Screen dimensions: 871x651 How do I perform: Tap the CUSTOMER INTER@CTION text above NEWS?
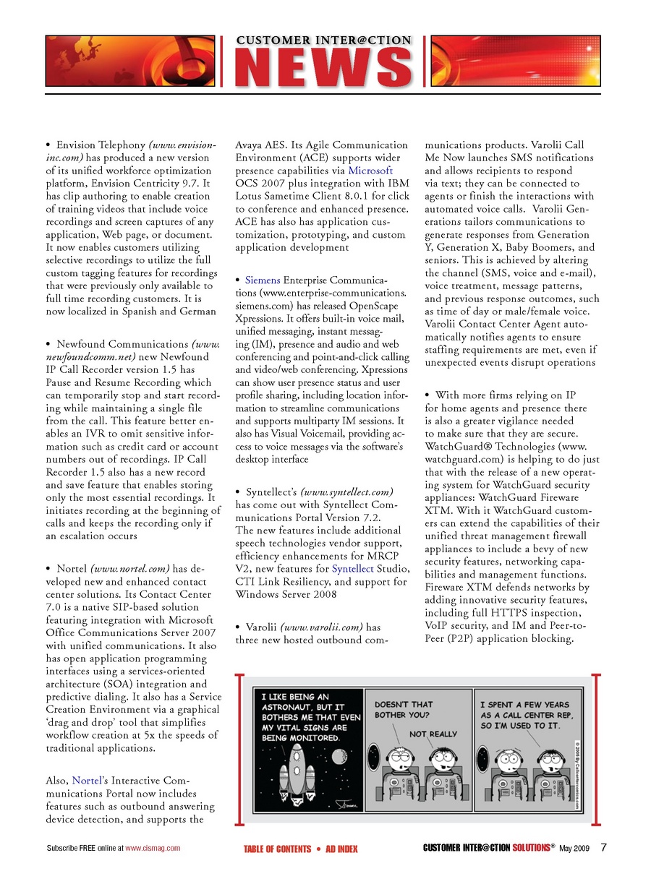click(x=324, y=40)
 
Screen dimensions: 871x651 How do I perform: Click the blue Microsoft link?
click(x=370, y=171)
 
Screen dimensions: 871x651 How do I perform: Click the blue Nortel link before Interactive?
click(x=87, y=781)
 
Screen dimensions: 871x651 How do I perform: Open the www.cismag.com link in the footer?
click(x=153, y=848)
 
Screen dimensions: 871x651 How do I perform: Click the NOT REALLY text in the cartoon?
click(x=433, y=734)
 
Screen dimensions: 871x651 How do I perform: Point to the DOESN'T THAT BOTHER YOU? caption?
click(x=404, y=709)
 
